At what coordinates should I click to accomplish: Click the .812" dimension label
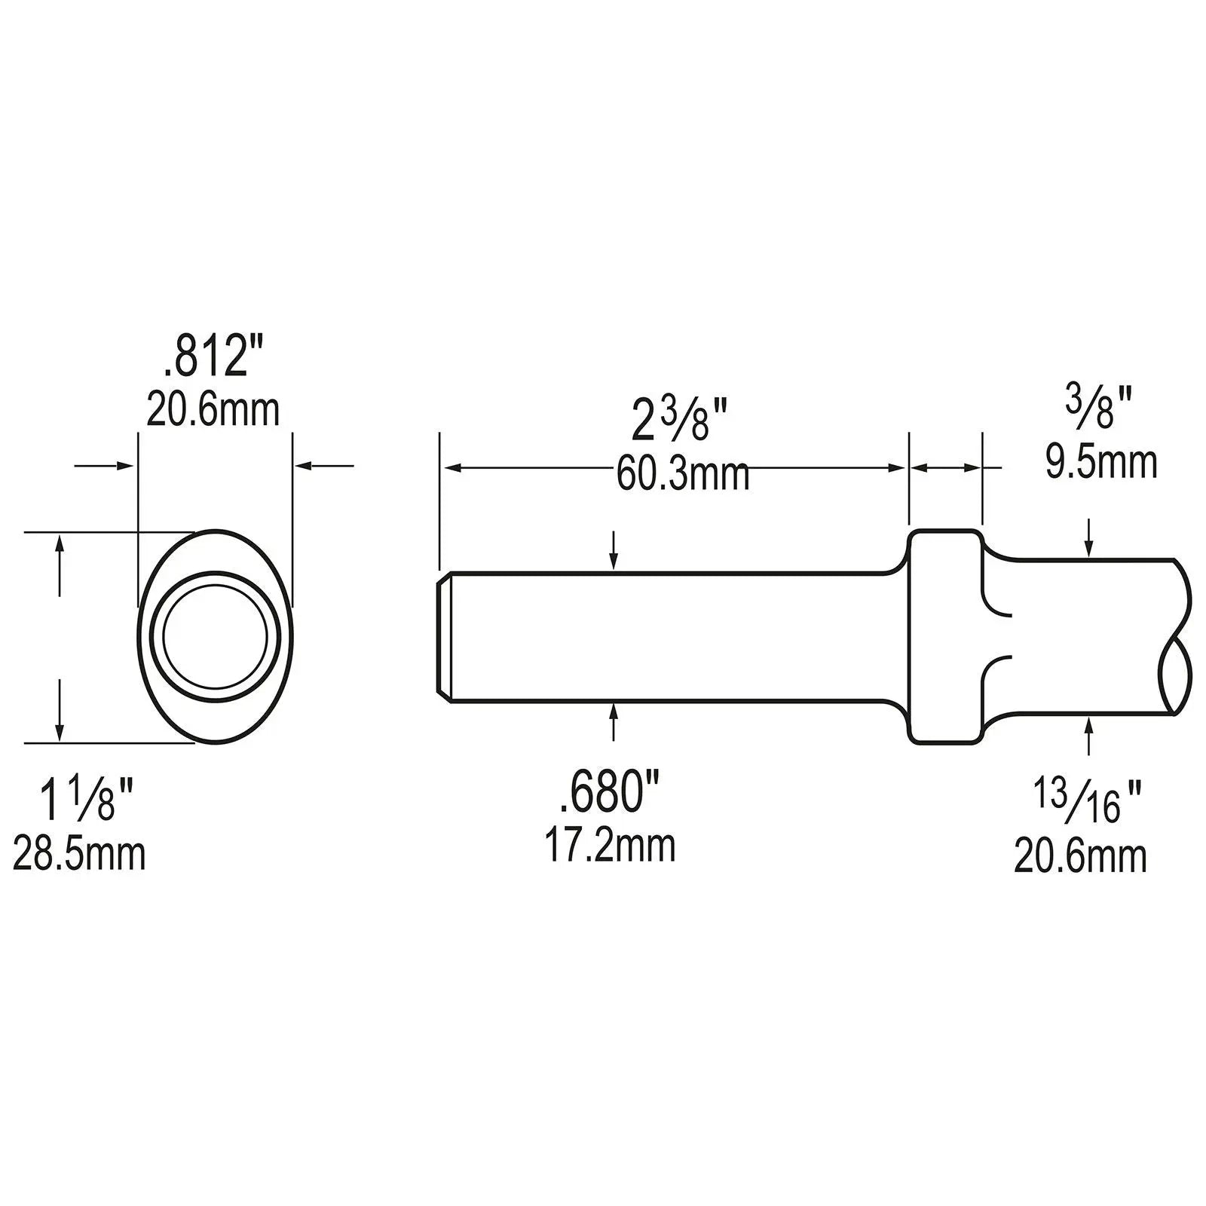(206, 360)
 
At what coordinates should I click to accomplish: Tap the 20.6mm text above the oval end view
(213, 410)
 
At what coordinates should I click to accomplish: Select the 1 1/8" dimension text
(87, 800)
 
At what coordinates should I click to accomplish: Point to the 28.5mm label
(79, 855)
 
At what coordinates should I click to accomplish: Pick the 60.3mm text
(683, 476)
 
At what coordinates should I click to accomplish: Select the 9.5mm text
(1100, 461)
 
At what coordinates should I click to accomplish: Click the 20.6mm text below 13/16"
(1079, 856)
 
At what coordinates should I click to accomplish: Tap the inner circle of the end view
(216, 630)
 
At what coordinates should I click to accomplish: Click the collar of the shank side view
(945, 637)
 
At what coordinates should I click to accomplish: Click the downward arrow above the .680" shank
(614, 555)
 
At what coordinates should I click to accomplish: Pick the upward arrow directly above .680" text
(614, 722)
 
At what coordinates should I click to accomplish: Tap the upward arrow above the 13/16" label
(1088, 733)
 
